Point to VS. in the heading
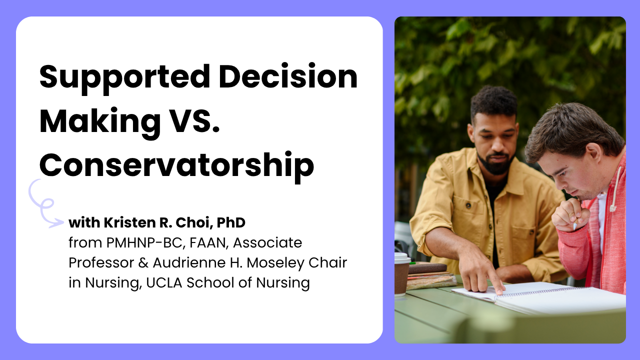(195, 121)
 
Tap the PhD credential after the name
(231, 222)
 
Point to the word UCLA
(164, 282)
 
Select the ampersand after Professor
(143, 263)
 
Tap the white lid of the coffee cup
(402, 258)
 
